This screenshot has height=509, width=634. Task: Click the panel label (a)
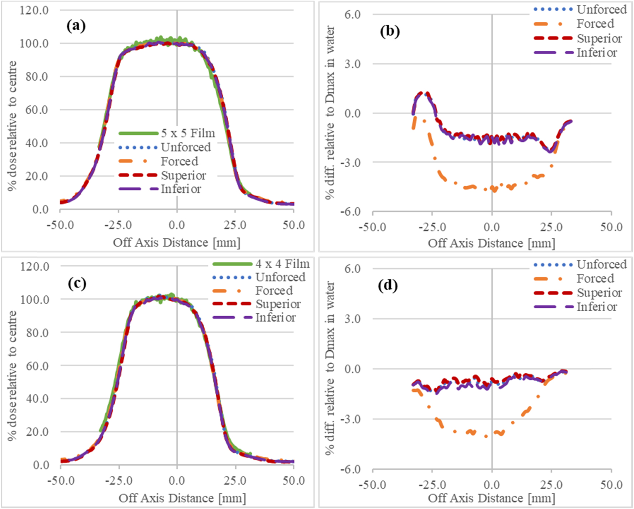76,26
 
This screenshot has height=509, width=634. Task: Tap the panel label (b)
390,32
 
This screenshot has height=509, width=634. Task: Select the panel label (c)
77,283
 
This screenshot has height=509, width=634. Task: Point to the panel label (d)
388,286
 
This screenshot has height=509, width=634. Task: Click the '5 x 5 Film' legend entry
188,133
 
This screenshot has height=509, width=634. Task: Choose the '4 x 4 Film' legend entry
282,264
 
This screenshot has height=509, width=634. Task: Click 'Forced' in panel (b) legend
595,24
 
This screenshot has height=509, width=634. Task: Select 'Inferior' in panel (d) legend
596,307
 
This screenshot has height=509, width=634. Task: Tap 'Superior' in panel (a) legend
183,175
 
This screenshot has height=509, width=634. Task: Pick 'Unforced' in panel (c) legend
280,277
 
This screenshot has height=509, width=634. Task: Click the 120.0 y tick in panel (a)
34,10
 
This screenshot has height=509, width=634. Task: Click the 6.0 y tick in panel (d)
352,268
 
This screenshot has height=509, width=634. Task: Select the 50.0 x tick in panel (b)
611,227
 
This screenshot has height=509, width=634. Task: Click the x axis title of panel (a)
176,242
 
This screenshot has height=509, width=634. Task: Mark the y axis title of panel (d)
330,368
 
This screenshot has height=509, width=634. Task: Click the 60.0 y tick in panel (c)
37,366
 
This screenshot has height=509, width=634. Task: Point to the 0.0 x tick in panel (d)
491,484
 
